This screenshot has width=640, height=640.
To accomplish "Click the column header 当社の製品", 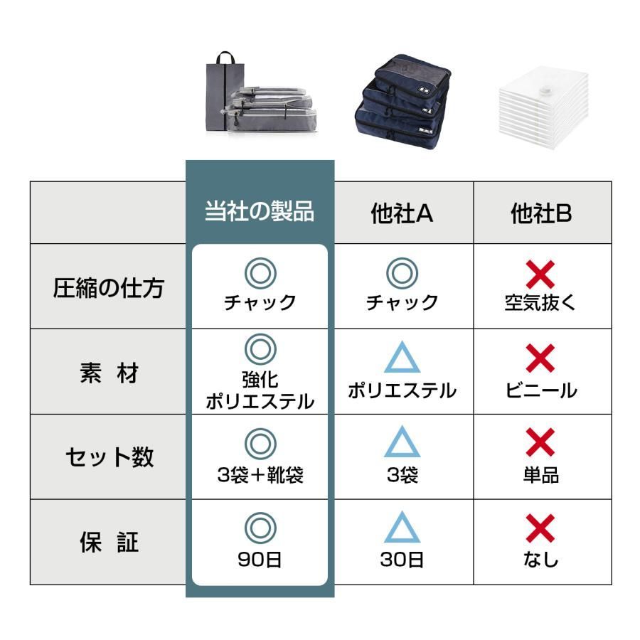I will (260, 212).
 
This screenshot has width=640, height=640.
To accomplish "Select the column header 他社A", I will (402, 213).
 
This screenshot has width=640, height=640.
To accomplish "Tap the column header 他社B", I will (541, 213).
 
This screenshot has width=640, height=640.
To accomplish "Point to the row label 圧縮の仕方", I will (108, 288).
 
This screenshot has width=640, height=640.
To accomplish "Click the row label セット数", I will (108, 457).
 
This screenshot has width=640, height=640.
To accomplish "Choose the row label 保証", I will (108, 543).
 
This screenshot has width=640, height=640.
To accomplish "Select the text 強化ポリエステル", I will (260, 390).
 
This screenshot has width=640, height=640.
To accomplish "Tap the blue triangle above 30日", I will (402, 528).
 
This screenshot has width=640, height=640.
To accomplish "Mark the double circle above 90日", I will (260, 528).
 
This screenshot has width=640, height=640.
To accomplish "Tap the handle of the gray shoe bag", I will (225, 57).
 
